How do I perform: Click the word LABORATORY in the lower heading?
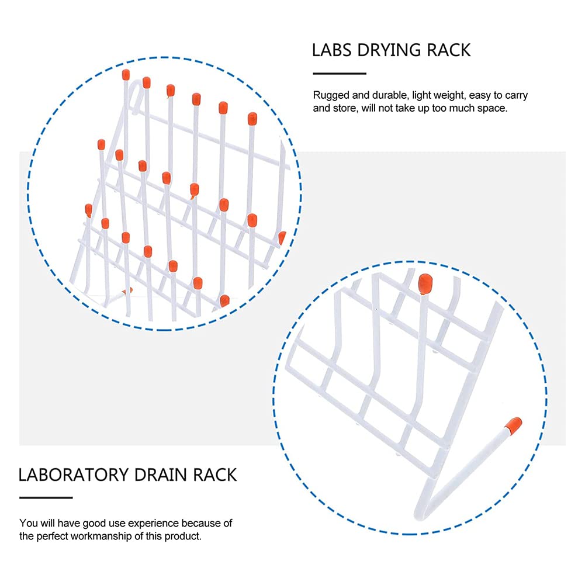coord(72,474)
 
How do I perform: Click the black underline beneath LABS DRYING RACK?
coord(339,74)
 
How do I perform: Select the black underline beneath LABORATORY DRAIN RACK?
coord(46,498)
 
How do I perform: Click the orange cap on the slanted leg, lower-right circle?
coord(514,425)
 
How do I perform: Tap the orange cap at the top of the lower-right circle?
coord(425,283)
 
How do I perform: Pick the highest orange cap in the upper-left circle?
coord(126,75)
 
